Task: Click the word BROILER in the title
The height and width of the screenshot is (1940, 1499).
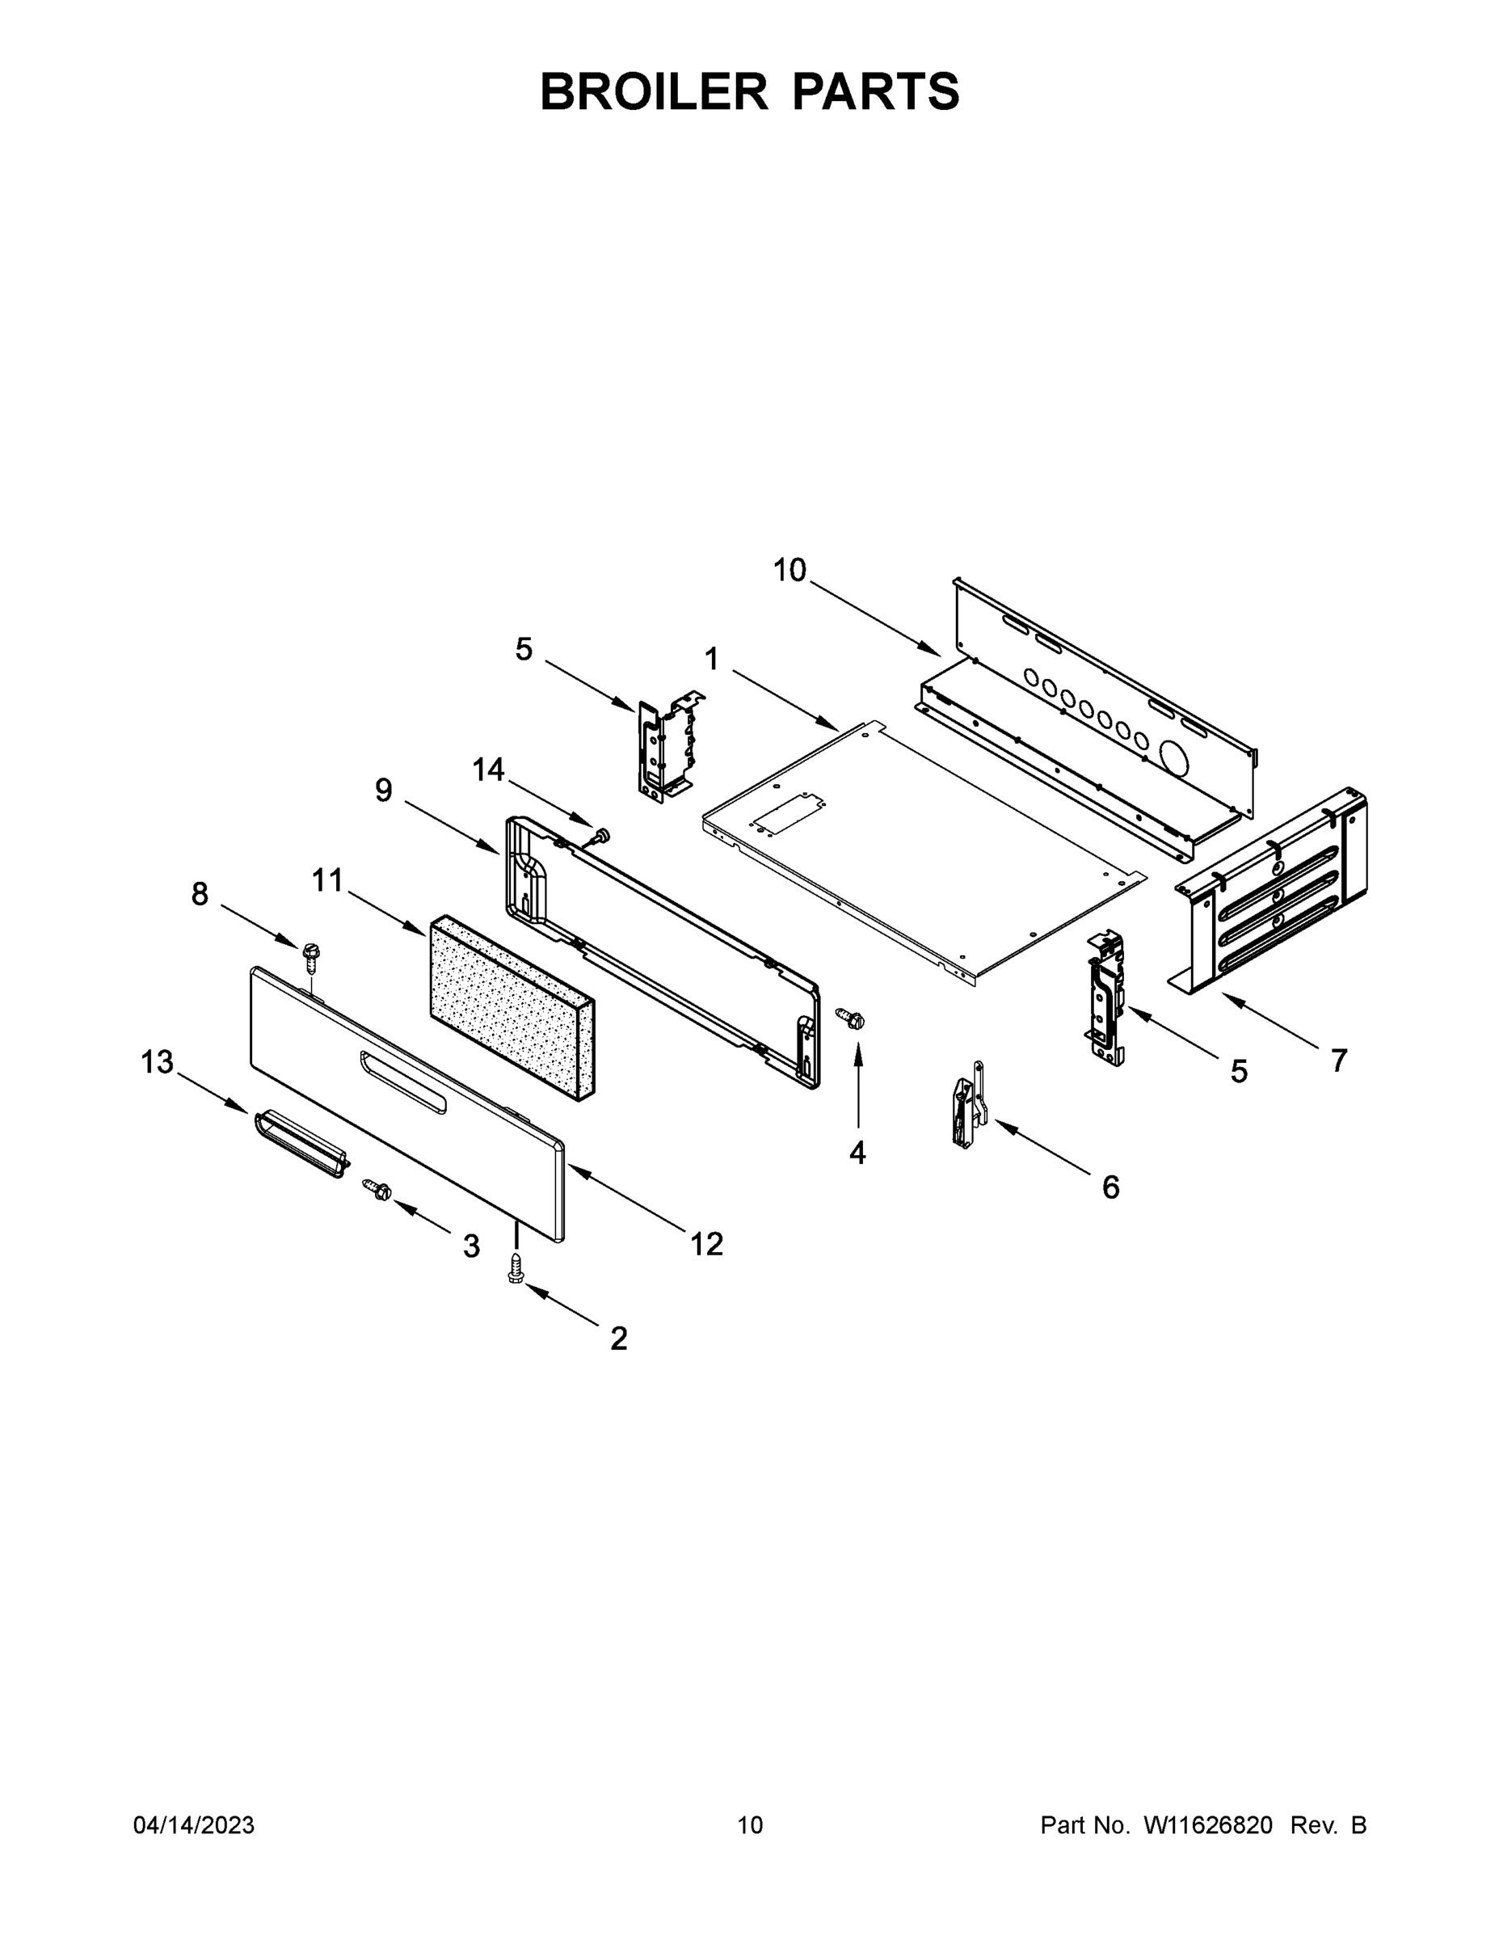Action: pyautogui.click(x=654, y=91)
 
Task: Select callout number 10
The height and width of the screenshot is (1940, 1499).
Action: pyautogui.click(x=789, y=569)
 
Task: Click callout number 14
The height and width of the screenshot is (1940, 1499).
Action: pyautogui.click(x=487, y=770)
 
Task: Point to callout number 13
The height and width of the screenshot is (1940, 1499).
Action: pyautogui.click(x=158, y=1061)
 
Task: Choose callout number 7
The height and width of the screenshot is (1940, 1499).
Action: pyautogui.click(x=1338, y=1060)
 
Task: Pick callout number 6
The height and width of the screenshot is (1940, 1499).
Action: pyautogui.click(x=1110, y=1187)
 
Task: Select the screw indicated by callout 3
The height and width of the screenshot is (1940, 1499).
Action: pyautogui.click(x=377, y=1188)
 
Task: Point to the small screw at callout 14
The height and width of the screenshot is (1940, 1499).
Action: pyautogui.click(x=601, y=835)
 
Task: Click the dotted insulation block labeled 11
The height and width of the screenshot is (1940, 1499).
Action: pyautogui.click(x=511, y=1006)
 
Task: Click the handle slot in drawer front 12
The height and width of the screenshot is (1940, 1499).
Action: pyautogui.click(x=402, y=1081)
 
